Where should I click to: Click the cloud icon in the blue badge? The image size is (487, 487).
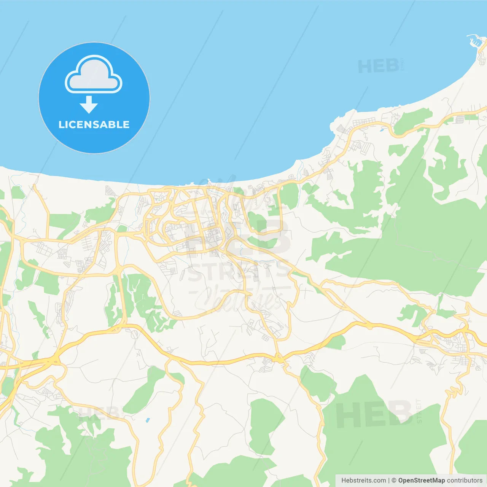point(94,75)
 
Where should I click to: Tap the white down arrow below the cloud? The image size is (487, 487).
point(89,105)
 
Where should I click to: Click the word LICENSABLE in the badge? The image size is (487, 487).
point(94,125)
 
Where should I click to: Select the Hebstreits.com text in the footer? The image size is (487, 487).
point(363,481)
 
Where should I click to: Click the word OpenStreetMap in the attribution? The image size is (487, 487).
point(421,481)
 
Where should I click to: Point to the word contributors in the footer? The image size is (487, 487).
point(465,481)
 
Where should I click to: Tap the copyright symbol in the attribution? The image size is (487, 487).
point(394,481)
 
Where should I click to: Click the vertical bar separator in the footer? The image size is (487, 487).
point(389,481)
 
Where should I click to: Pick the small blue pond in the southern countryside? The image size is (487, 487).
point(148,420)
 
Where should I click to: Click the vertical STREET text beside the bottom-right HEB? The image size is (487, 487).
point(419,411)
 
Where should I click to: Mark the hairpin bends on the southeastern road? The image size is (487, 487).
point(454,392)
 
